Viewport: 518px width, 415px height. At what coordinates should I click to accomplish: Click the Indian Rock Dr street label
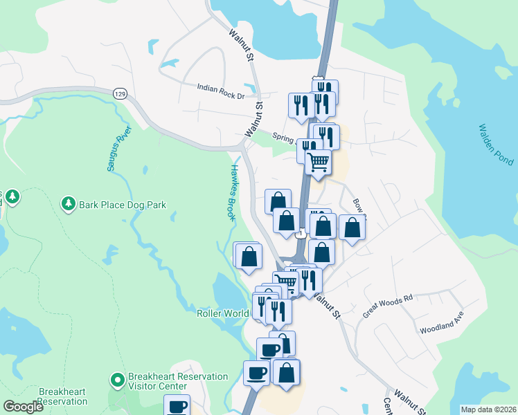221,87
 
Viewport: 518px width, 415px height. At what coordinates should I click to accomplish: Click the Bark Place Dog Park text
123,205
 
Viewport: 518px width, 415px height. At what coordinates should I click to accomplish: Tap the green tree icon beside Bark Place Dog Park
68,203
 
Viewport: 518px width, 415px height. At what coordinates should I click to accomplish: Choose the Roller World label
222,313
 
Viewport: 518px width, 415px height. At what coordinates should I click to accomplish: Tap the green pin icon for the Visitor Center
117,380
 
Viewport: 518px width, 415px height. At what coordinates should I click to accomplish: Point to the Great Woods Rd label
387,306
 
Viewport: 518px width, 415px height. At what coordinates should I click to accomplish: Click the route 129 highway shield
120,93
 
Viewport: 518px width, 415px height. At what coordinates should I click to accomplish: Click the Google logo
23,407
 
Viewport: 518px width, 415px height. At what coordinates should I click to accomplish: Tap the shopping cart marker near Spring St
318,162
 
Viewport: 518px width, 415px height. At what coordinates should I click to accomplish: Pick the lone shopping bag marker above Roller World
249,256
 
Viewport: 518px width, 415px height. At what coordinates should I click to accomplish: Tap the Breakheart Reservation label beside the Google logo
63,396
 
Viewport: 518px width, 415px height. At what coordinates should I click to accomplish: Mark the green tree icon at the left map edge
12,197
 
